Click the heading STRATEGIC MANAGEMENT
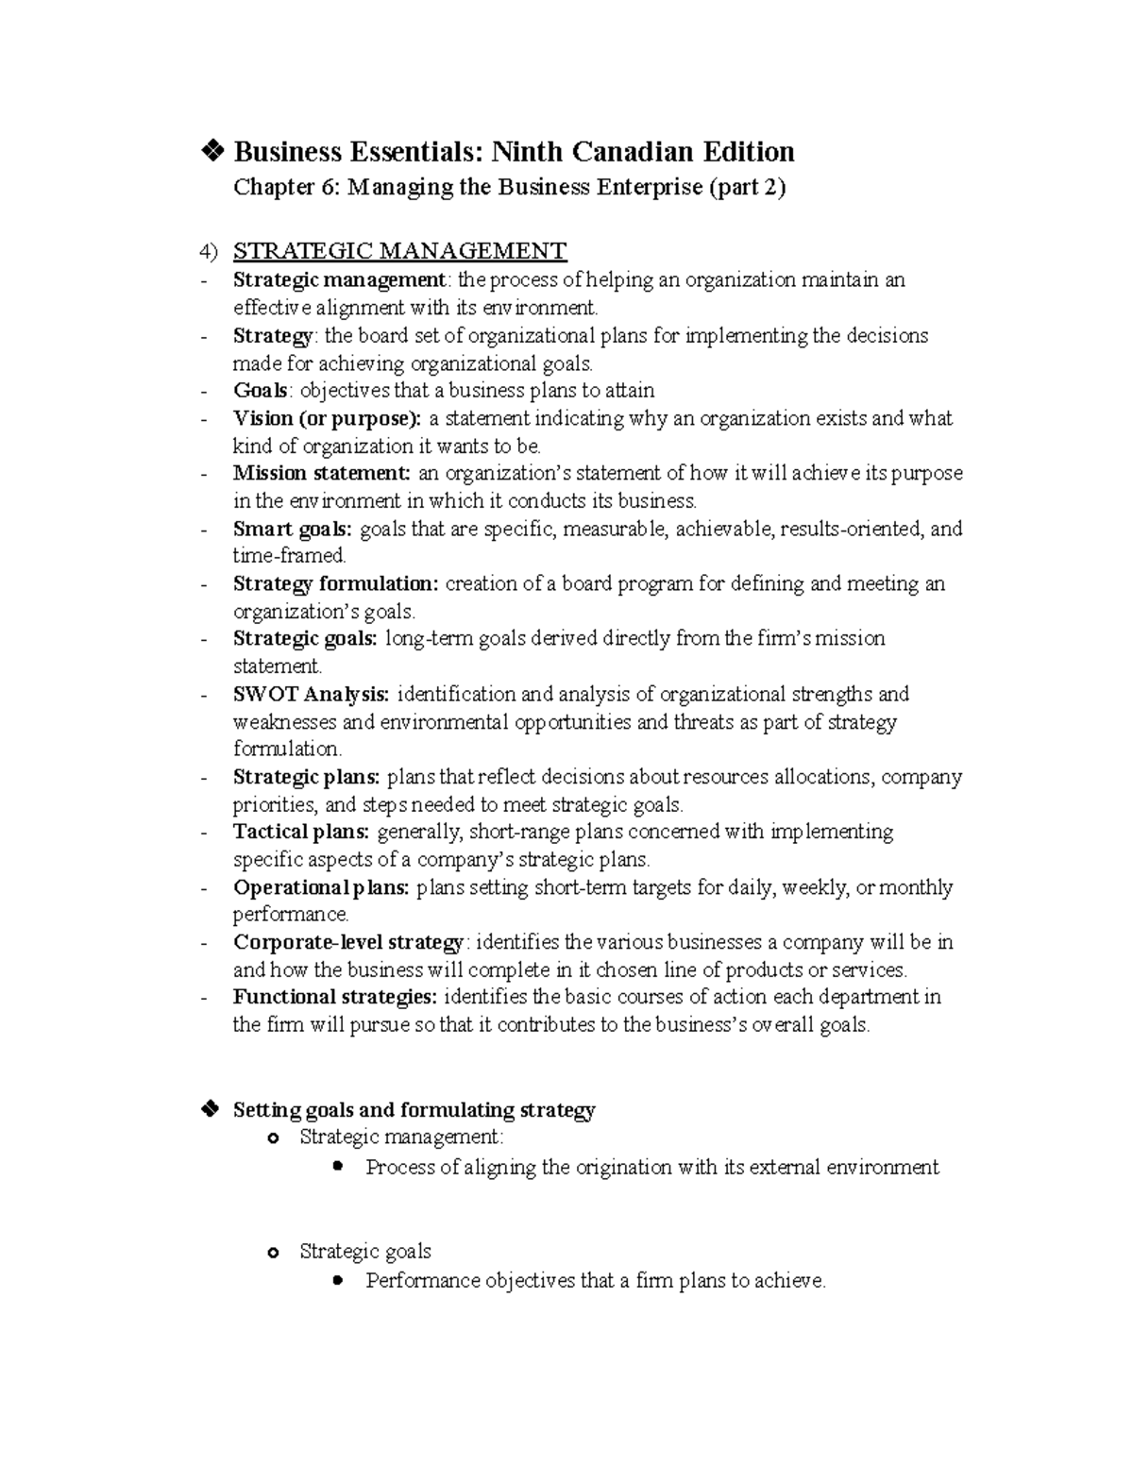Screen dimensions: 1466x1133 click(399, 251)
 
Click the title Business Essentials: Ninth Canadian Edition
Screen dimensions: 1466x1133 click(514, 152)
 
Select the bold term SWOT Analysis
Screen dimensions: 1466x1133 click(311, 695)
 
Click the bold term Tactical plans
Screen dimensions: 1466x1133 click(300, 833)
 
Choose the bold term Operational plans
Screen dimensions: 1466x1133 click(321, 888)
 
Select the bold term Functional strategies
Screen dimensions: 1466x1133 click(335, 998)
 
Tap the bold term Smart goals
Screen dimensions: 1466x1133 click(292, 529)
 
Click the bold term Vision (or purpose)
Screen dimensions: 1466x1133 click(327, 418)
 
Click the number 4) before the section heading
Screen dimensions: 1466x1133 click(209, 252)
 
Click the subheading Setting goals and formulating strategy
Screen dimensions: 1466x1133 click(414, 1110)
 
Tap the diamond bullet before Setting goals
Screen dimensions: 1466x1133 click(210, 1109)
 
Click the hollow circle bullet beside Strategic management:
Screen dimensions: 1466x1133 click(274, 1139)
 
